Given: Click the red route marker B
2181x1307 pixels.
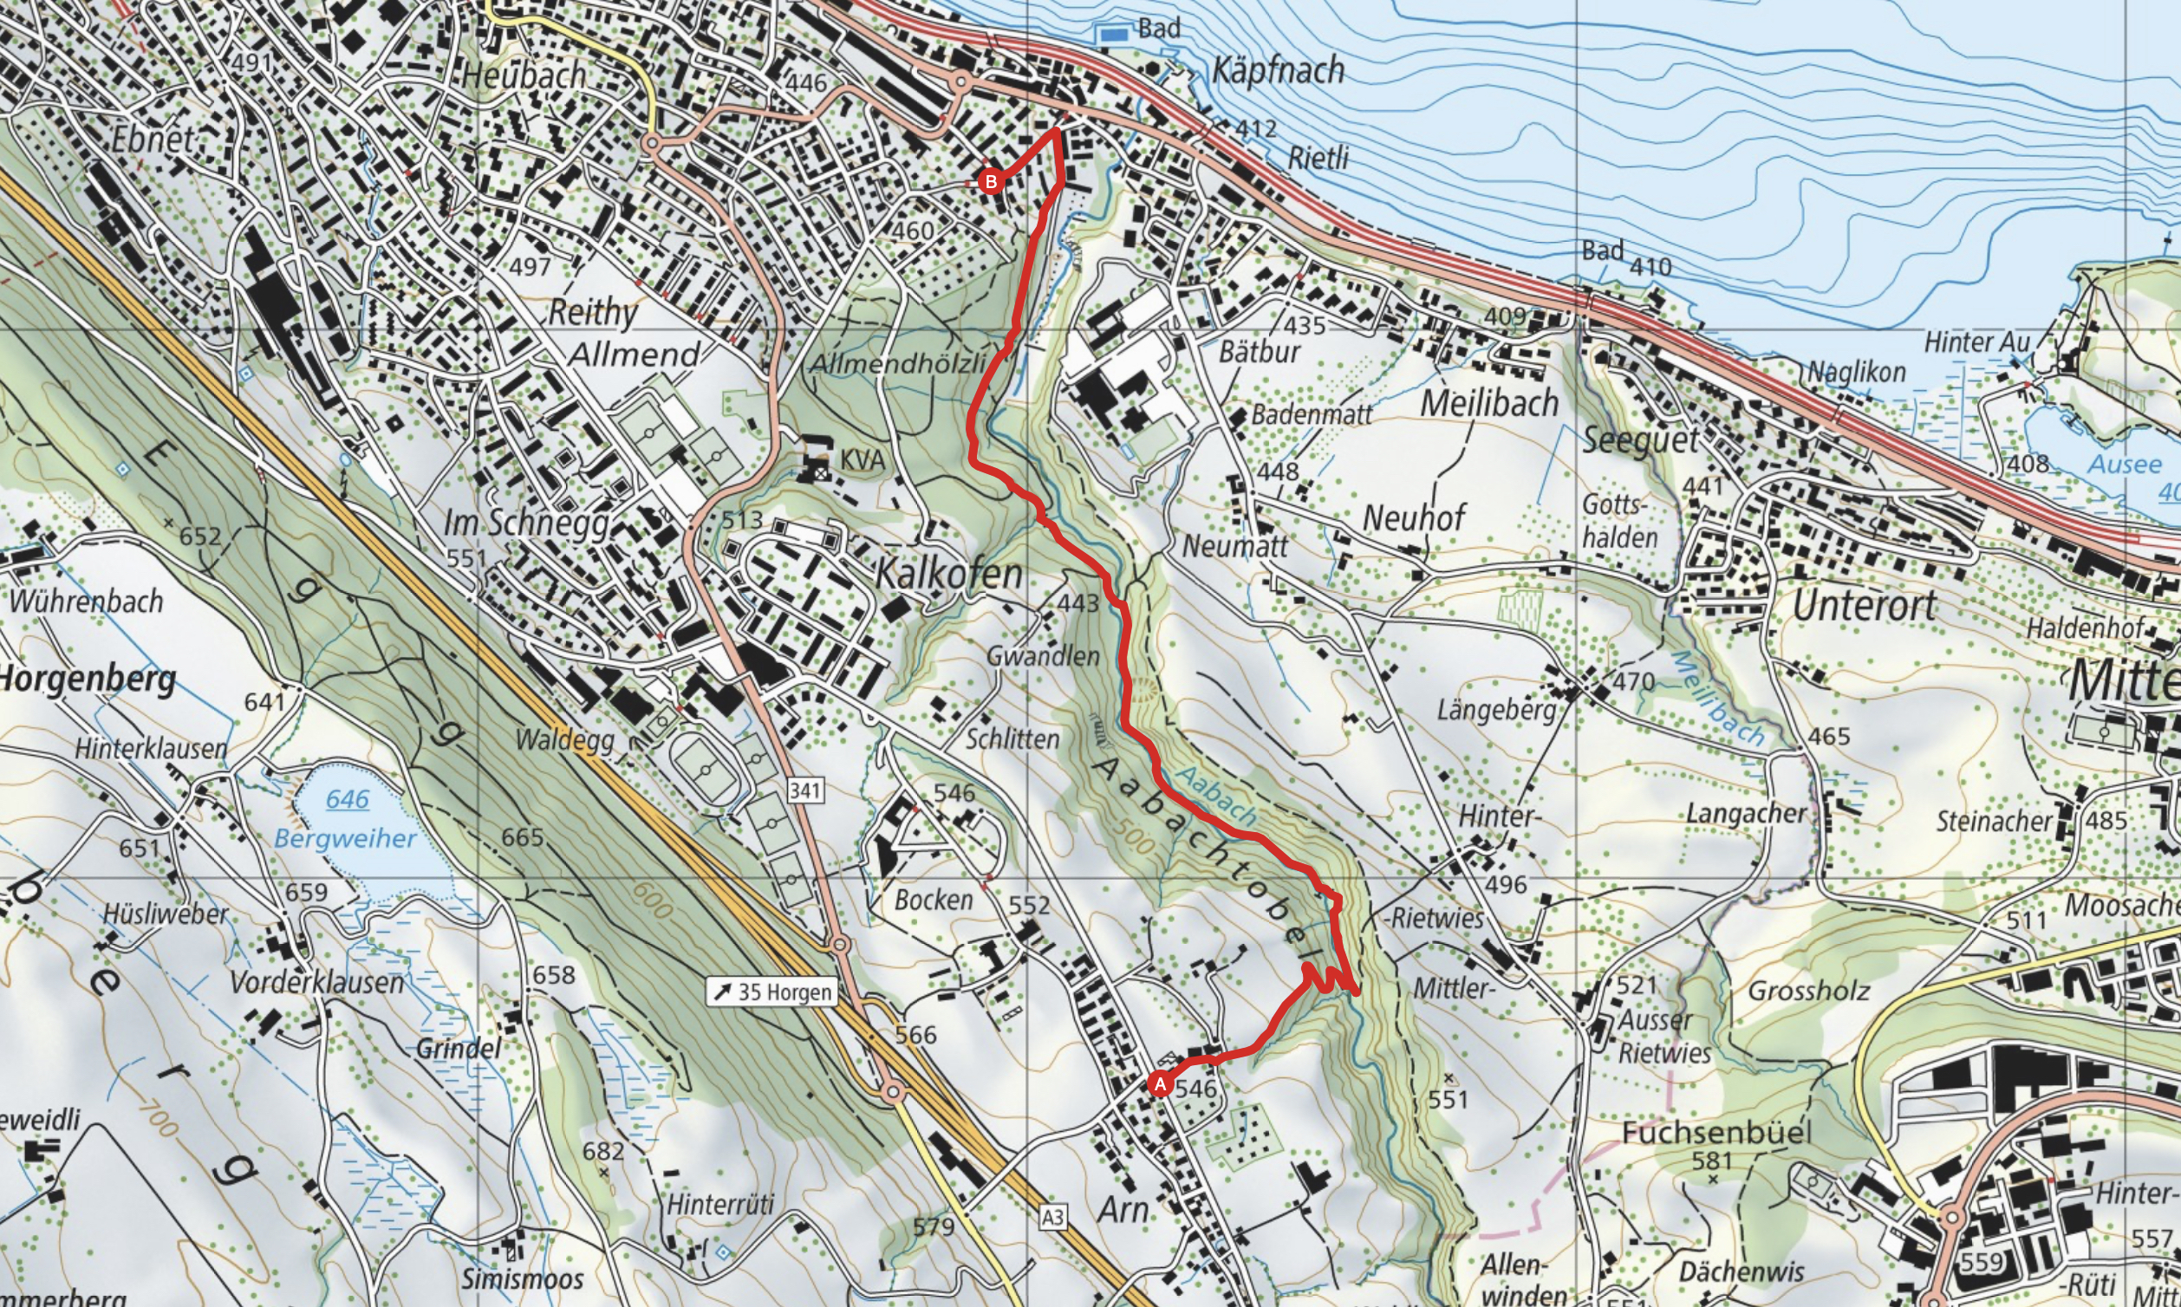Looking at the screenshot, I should (991, 182).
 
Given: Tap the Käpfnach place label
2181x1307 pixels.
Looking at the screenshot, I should (1278, 70).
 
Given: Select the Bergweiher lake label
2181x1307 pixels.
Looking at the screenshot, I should (344, 837).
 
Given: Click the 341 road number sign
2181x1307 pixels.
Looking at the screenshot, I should (805, 790).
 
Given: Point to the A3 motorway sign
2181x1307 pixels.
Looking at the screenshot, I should (1052, 1217).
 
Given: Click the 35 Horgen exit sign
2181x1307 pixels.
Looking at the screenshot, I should (772, 992).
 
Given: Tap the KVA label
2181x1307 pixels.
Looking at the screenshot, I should (862, 459).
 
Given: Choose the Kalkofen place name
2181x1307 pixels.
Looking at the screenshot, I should (948, 575).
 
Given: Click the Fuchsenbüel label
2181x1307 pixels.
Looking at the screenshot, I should (1716, 1132).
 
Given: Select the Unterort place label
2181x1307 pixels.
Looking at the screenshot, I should (1864, 606).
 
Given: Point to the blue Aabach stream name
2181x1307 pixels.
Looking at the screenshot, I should (1216, 796).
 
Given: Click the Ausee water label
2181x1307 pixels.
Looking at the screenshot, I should (2125, 465).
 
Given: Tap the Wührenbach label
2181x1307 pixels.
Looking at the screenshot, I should (87, 601).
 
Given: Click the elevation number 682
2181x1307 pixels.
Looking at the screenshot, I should (603, 1150).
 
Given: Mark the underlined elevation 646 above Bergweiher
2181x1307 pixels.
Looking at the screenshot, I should (347, 799).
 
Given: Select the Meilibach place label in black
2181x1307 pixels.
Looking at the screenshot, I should (1489, 403).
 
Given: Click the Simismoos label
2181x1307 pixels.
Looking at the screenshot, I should (523, 1278).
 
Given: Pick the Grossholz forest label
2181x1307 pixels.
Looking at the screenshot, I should (1808, 991).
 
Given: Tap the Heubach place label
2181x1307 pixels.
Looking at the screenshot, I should (524, 75).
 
